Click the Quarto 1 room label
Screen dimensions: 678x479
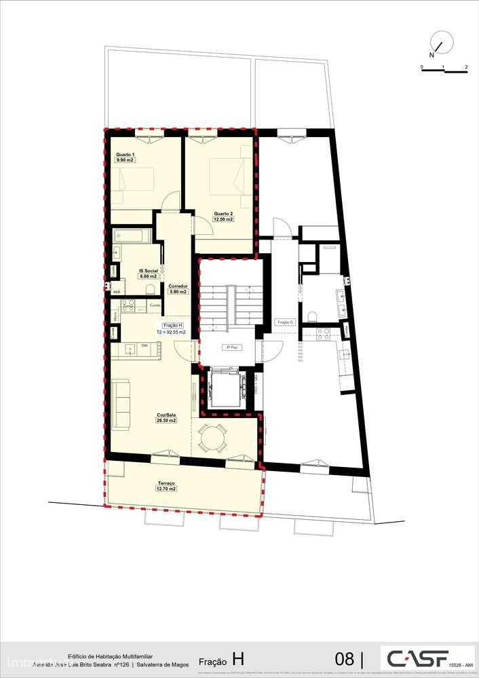click(x=125, y=155)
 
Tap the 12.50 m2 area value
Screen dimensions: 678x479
click(x=223, y=219)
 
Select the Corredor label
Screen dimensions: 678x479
click(x=178, y=286)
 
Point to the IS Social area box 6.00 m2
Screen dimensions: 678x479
click(x=148, y=276)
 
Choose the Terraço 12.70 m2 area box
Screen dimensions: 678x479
click(x=166, y=488)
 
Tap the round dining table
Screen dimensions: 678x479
click(x=214, y=438)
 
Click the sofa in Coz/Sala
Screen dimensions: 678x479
click(x=121, y=404)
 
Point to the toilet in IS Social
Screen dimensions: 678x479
click(x=151, y=290)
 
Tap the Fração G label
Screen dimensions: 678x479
click(x=285, y=322)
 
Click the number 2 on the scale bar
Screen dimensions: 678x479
click(x=466, y=67)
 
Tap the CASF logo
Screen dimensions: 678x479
click(x=415, y=657)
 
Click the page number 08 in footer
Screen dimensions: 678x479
click(x=345, y=658)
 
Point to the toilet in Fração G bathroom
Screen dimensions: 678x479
click(x=313, y=316)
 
